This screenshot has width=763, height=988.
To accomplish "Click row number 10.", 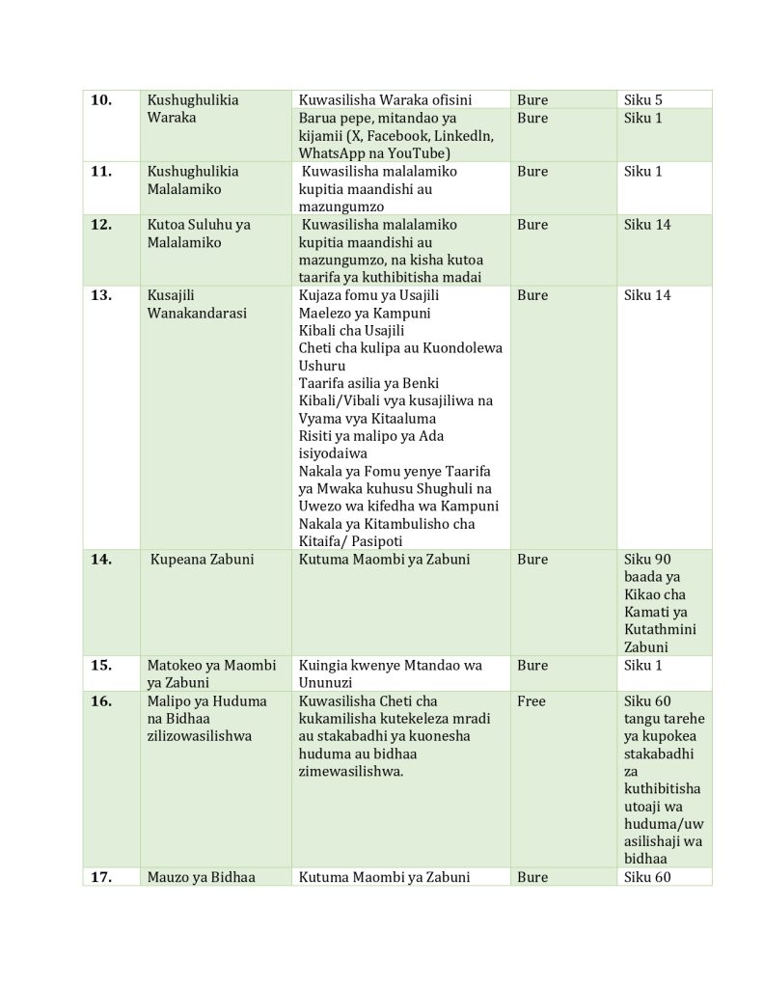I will (x=101, y=100).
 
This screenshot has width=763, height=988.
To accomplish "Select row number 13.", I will (x=101, y=296).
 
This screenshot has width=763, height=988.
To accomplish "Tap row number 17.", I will (x=101, y=878).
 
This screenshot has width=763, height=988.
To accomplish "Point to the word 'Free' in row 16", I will (x=531, y=701).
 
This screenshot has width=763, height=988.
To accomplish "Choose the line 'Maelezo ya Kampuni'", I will (x=365, y=314).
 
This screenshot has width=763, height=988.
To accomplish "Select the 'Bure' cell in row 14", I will (x=532, y=560).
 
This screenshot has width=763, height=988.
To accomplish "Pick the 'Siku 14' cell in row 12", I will (x=647, y=225).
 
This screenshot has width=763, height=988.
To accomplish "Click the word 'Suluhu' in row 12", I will (x=209, y=225).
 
